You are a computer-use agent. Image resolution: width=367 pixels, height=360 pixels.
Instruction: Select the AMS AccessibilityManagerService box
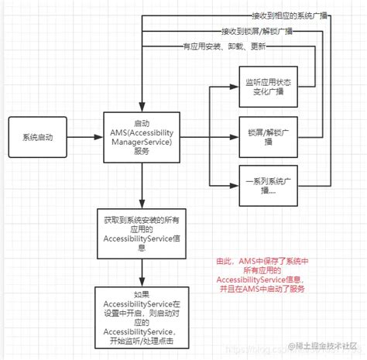tap(142, 137)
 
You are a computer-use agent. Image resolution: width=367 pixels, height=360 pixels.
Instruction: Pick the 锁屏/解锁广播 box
tap(268, 138)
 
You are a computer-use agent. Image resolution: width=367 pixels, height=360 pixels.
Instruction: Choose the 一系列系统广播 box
tap(268, 187)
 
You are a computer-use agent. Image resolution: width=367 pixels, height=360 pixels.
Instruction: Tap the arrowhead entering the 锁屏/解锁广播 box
tap(234, 138)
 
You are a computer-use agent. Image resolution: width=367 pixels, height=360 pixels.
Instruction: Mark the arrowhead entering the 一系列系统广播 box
tap(234, 187)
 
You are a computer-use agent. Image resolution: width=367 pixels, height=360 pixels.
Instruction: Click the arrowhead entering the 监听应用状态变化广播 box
tap(234, 88)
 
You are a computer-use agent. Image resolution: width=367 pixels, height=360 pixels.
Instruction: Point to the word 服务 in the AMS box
tap(142, 153)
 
